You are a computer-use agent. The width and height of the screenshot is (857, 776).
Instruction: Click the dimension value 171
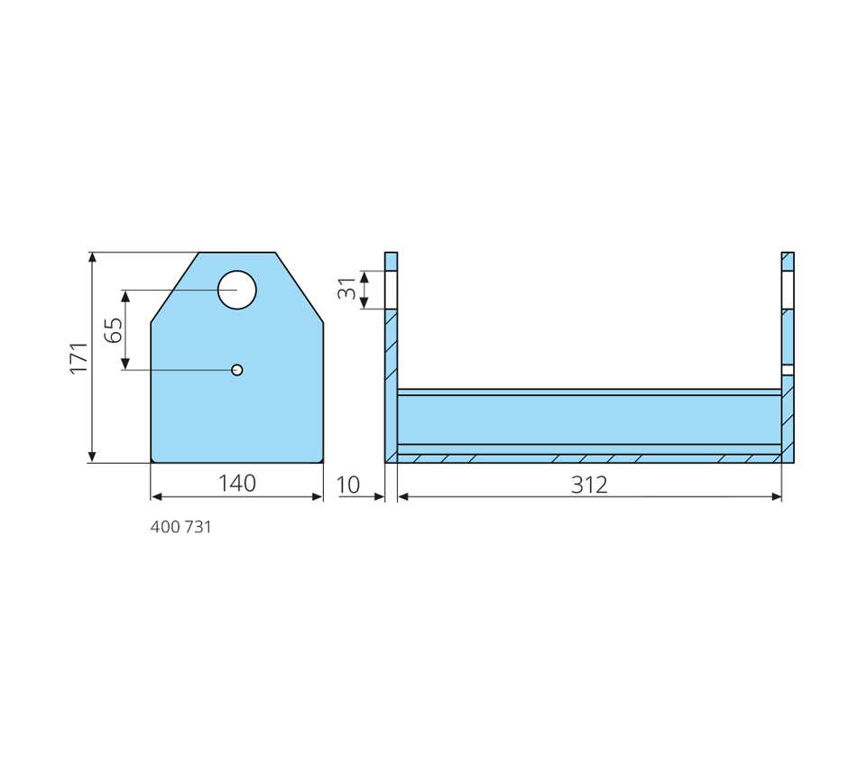[x=79, y=358]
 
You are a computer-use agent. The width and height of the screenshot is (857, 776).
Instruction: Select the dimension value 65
[x=114, y=330]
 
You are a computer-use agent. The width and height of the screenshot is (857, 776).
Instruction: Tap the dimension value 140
[x=237, y=484]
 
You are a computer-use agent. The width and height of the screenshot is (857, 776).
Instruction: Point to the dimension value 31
[x=346, y=288]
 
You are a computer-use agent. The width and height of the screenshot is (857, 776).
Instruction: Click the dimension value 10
[x=348, y=485]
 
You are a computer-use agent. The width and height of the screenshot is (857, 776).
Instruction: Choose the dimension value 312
[x=589, y=485]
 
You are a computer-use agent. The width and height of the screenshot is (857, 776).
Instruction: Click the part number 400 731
[x=181, y=527]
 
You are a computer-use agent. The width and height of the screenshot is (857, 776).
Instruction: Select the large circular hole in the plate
[x=236, y=290]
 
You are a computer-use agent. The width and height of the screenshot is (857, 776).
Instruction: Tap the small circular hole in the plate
[x=236, y=370]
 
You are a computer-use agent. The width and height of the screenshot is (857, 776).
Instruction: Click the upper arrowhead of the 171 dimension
[x=92, y=258]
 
